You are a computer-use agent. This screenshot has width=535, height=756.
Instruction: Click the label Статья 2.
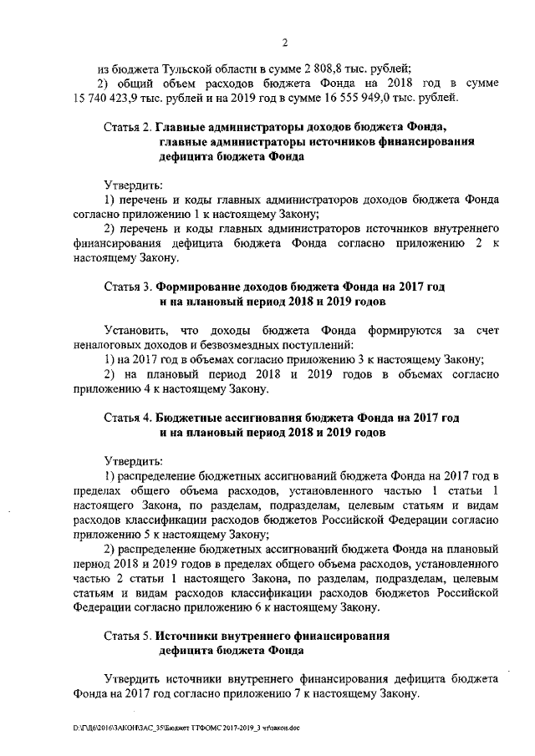tap(126, 127)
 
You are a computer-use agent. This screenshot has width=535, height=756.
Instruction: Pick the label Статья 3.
tap(126, 285)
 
